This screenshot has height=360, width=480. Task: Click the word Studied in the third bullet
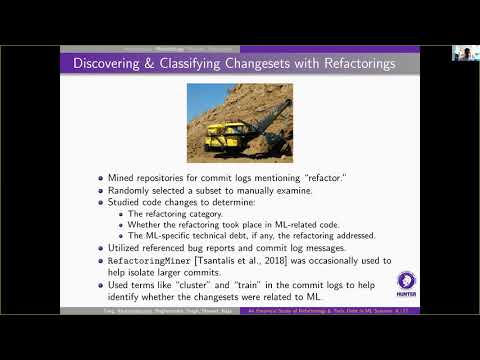coord(125,203)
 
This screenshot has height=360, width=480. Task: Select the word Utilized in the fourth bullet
coord(126,248)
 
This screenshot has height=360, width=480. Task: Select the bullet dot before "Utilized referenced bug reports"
coord(100,249)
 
